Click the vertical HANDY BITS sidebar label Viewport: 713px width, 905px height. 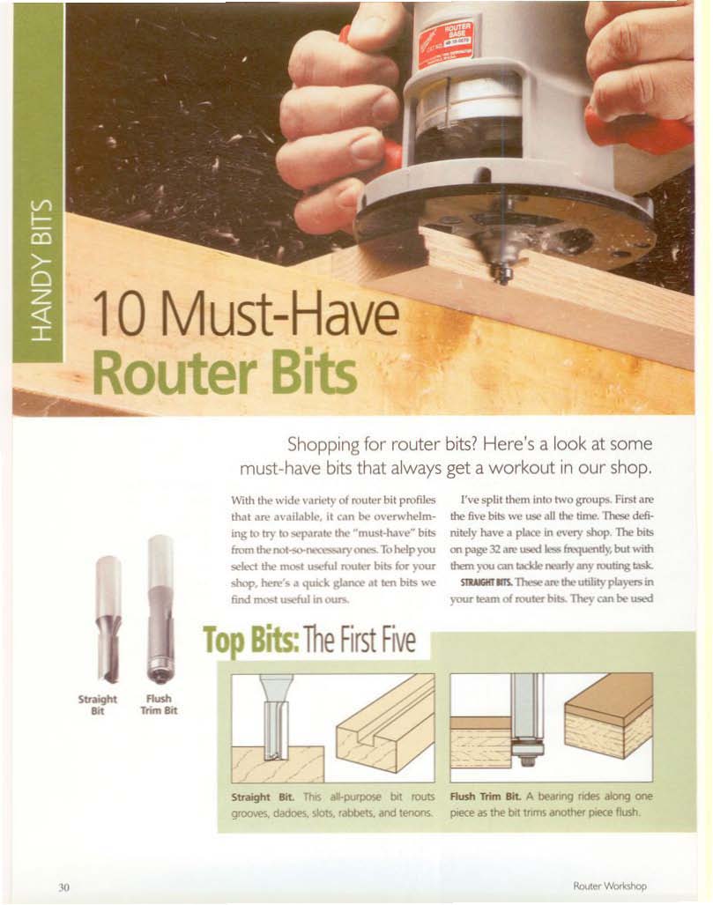click(x=44, y=271)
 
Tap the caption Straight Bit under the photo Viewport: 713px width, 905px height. click(x=97, y=705)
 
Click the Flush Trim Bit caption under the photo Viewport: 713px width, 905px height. click(x=159, y=704)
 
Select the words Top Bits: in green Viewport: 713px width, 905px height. click(x=251, y=642)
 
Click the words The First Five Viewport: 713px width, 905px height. click(x=359, y=640)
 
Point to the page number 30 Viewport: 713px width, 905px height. click(x=63, y=886)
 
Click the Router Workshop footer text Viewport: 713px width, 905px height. click(x=610, y=886)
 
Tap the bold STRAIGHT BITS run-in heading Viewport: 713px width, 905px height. click(x=483, y=582)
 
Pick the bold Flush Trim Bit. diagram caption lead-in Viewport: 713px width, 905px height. click(x=485, y=796)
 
